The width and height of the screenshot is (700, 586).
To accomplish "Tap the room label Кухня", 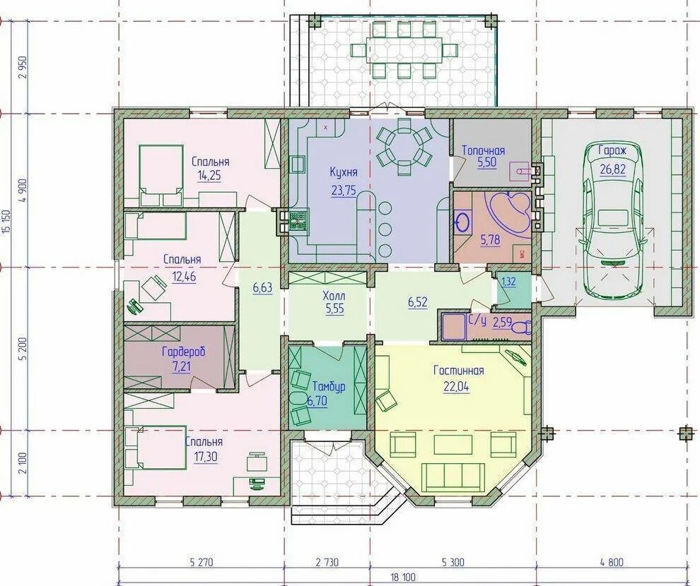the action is pos(344,172).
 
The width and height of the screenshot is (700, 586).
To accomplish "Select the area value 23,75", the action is pos(344,191).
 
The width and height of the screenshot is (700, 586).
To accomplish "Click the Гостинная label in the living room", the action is pos(458,371).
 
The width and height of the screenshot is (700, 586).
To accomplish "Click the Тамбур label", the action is pos(329,386).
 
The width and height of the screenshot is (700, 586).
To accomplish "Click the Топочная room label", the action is pos(483,150).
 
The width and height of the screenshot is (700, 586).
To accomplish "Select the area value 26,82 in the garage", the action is pos(613,169).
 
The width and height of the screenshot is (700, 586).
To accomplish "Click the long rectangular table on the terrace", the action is pos(404,48).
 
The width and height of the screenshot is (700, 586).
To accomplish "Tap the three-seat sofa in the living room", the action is pos(453,477).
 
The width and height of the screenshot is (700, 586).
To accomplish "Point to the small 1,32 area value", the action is pos(508,282).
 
